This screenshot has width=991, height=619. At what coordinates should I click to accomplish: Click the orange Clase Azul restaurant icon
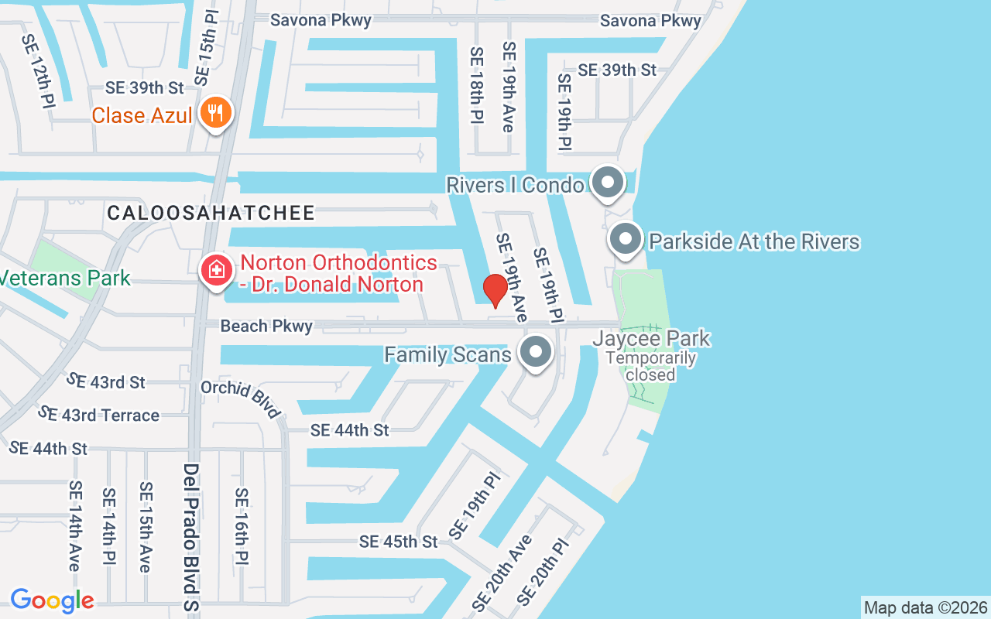point(214,113)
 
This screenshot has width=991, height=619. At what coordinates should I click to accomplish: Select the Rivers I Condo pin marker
point(608,183)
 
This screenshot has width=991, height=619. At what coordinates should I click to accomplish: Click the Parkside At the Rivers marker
point(626,240)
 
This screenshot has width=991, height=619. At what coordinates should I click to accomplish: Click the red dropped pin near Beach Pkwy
point(495,291)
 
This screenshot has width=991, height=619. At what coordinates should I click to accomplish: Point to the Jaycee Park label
point(651,339)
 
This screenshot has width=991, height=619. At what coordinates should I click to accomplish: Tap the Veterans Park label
point(65,278)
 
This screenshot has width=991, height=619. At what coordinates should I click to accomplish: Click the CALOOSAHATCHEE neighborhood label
point(211,213)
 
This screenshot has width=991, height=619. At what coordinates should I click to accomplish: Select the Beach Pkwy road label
point(266,326)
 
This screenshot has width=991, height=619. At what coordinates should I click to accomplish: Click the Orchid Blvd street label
point(241,398)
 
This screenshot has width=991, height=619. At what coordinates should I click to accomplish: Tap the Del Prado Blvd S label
point(191,537)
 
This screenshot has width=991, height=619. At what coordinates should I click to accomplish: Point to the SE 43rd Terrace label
point(98,415)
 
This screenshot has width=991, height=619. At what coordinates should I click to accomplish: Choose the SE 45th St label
point(399,542)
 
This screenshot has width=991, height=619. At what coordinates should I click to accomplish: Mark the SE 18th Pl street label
point(476,84)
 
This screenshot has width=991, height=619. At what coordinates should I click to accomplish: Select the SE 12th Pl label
point(38,70)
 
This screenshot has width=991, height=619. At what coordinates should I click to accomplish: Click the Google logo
point(52,600)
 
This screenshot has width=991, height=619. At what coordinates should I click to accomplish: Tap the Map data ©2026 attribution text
point(925,607)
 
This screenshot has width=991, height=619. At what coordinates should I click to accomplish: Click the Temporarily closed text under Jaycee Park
point(650,366)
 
